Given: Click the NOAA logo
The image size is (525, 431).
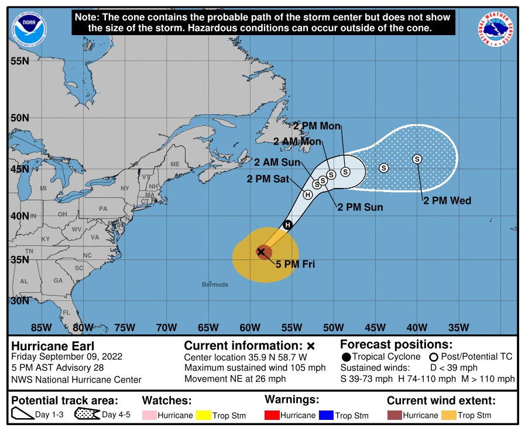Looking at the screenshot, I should (29, 26).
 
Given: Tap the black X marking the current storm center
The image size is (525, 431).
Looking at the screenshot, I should (262, 252).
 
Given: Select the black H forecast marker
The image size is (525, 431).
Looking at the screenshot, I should (287, 225).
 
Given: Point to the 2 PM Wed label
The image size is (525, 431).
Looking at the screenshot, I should (447, 201).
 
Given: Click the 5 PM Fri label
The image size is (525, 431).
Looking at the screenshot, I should (295, 265).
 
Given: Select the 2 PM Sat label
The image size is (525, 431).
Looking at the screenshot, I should (267, 180).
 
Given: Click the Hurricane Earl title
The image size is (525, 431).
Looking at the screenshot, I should (53, 346).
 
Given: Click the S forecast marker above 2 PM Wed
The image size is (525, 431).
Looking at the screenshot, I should (417, 159).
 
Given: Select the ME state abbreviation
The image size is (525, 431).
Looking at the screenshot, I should (175, 165).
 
